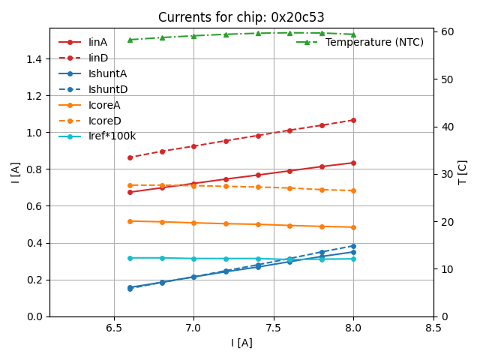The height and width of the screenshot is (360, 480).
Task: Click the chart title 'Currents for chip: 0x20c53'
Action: (241, 17)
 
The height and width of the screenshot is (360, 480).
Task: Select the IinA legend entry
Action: (97, 42)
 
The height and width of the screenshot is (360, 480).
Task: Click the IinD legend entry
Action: (97, 58)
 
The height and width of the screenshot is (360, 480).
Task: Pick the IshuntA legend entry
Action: (107, 73)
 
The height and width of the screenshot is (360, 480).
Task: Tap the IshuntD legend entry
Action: (108, 89)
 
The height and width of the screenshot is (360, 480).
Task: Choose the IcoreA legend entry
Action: (104, 105)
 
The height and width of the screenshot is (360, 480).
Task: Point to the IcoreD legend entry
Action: (104, 121)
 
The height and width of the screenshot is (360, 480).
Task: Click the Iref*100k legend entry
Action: (112, 136)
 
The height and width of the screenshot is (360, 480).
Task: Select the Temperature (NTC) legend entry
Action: (374, 42)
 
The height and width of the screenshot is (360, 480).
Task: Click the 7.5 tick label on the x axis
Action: (273, 328)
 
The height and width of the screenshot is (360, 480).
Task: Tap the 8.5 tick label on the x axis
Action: (433, 328)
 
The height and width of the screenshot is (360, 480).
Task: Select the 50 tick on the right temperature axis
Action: (444, 79)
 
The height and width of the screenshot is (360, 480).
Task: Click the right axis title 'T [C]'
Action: (463, 172)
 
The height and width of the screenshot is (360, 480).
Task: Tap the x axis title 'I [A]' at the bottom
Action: (241, 343)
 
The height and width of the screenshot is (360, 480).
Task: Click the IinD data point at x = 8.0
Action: (353, 120)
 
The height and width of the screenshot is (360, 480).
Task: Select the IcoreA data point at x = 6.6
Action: (130, 221)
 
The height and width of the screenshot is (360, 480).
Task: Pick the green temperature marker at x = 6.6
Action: (130, 40)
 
